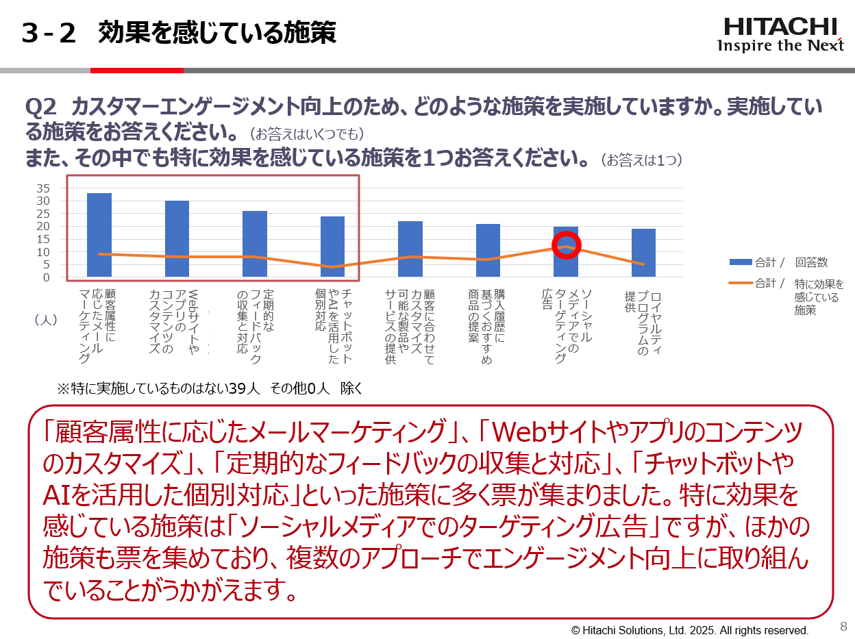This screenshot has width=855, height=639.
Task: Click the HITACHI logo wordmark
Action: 780,27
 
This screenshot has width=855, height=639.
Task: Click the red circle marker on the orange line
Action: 566,245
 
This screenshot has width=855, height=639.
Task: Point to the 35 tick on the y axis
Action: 43,188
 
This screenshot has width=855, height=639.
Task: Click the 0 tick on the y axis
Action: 47,277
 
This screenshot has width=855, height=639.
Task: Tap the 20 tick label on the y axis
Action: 43,226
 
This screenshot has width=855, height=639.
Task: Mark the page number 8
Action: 843,626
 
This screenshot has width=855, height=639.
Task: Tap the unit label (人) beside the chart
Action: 46,319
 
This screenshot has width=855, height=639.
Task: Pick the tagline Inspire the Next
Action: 780,46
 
